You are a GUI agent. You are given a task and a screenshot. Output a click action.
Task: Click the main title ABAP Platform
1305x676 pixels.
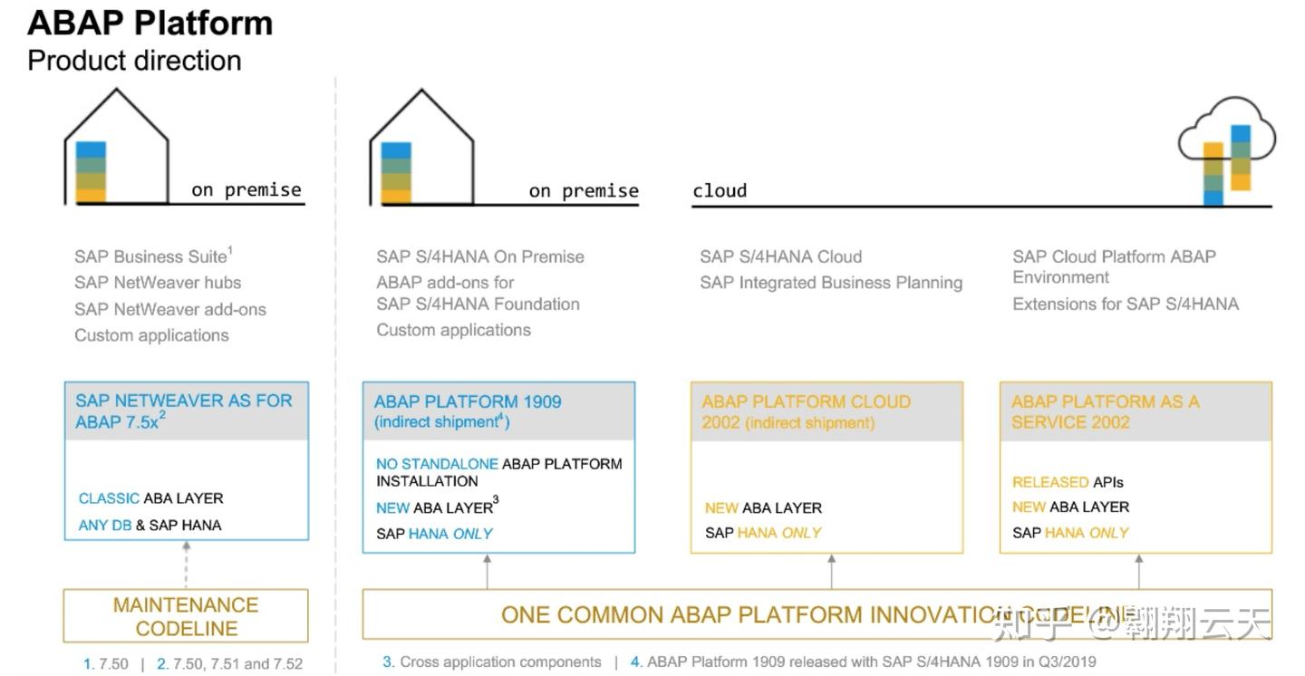pyautogui.click(x=150, y=23)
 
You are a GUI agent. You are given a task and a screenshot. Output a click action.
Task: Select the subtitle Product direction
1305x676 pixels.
pyautogui.click(x=134, y=61)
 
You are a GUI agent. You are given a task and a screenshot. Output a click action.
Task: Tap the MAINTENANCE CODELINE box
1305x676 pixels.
pyautogui.click(x=186, y=616)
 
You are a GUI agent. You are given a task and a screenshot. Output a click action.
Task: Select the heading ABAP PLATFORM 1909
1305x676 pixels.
pyautogui.click(x=468, y=401)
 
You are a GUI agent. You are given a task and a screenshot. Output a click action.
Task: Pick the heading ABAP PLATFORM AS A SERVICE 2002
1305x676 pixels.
pyautogui.click(x=1105, y=411)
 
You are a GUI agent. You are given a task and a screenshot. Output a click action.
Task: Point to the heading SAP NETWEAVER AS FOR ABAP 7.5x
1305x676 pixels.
pyautogui.click(x=183, y=410)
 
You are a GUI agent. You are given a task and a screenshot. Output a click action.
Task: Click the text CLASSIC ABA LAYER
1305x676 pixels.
pyautogui.click(x=150, y=498)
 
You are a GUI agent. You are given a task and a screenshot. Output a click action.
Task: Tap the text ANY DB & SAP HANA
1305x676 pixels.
pyautogui.click(x=150, y=525)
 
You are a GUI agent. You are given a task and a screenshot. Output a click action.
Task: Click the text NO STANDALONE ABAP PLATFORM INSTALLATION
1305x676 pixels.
pyautogui.click(x=498, y=472)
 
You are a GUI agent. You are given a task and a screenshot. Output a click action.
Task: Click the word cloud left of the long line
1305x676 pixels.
pyautogui.click(x=720, y=190)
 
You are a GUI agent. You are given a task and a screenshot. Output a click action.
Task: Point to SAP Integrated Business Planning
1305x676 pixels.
pyautogui.click(x=831, y=283)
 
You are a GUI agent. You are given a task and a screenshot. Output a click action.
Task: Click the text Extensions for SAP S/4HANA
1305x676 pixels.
pyautogui.click(x=1125, y=304)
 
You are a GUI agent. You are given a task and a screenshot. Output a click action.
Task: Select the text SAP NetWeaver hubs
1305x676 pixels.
pyautogui.click(x=158, y=283)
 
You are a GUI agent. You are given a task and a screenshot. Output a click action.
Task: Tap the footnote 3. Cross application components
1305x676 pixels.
pyautogui.click(x=492, y=662)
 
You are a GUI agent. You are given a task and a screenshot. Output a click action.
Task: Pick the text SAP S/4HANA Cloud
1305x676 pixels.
pyautogui.click(x=780, y=256)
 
